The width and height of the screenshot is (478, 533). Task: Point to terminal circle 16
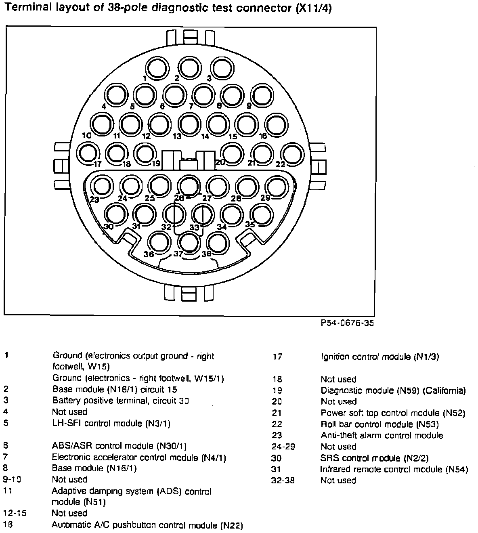(x=277, y=125)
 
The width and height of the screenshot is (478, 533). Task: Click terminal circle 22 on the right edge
(x=292, y=154)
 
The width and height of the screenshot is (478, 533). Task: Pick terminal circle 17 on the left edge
(x=88, y=153)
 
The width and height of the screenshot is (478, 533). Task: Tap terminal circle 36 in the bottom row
(x=159, y=241)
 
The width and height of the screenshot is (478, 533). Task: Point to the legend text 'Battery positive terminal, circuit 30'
(x=121, y=401)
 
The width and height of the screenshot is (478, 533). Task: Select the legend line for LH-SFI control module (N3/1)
(x=111, y=423)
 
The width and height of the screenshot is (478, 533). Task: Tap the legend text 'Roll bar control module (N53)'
(x=379, y=424)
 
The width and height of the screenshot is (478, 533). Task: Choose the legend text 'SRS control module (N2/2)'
(x=374, y=458)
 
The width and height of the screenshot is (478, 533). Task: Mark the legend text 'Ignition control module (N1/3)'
(x=379, y=357)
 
